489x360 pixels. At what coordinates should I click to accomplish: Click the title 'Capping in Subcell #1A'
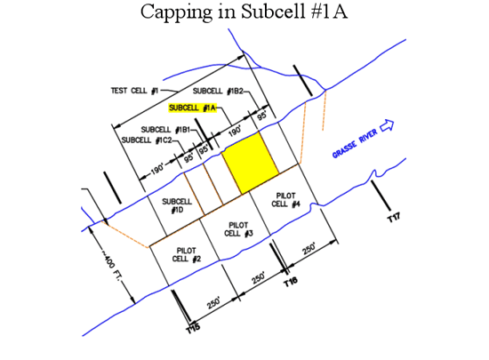tap(244, 12)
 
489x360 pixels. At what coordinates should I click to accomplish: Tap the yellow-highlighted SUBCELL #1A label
tap(192, 108)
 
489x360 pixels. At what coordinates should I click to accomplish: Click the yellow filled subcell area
tap(251, 163)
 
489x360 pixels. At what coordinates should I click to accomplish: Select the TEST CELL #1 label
tap(135, 91)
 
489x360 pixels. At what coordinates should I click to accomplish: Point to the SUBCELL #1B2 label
tap(218, 91)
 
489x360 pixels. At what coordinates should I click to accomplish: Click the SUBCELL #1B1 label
tap(165, 130)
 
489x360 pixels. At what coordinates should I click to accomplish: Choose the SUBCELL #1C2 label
tap(147, 140)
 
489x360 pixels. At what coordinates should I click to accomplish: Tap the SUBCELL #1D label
tap(177, 205)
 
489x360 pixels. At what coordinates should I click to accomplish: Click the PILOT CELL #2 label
tap(187, 254)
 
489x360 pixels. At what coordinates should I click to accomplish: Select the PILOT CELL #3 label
tap(238, 229)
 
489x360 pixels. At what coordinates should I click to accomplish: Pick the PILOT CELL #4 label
tap(285, 200)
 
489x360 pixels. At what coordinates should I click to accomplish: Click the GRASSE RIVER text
tap(355, 143)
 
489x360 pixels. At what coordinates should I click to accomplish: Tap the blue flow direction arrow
tap(387, 125)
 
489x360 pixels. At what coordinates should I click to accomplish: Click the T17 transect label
tap(394, 217)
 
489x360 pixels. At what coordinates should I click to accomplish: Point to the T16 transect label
tap(291, 282)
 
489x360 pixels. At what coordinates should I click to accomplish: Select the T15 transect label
tap(193, 329)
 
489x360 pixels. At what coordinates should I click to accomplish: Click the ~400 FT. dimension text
tap(111, 265)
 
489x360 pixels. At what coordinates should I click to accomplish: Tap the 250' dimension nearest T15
tap(213, 302)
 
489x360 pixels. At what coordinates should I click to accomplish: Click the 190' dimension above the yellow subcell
tap(235, 131)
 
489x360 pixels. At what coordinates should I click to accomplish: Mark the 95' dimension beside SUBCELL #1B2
tap(262, 116)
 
